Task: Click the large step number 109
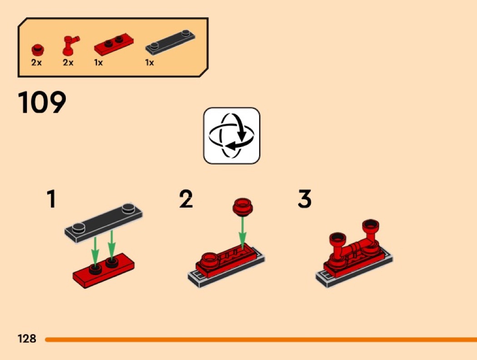click(42, 102)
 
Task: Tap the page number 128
click(27, 338)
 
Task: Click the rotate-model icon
click(232, 136)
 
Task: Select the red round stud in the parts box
click(38, 50)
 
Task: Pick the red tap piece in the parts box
click(70, 45)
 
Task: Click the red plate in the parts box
click(114, 44)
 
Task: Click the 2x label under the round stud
click(36, 63)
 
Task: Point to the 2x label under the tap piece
click(68, 63)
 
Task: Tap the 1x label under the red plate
click(99, 63)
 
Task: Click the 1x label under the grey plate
click(149, 63)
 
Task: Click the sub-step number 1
click(51, 199)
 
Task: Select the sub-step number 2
click(186, 199)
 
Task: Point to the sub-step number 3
click(304, 199)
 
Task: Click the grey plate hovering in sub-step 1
click(104, 222)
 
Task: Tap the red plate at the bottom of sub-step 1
click(104, 270)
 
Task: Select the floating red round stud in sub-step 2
click(243, 207)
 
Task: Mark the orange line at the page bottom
click(261, 339)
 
